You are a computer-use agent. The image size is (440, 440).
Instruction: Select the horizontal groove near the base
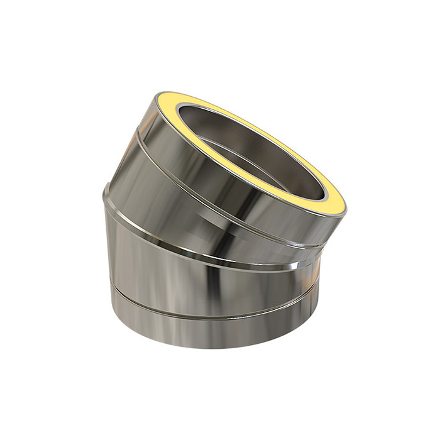tap(207, 311)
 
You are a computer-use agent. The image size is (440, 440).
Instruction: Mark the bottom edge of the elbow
tap(207, 346)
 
